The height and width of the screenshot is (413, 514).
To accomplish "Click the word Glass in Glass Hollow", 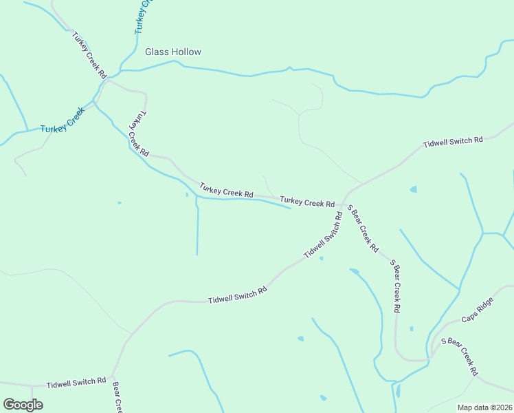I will [155, 52].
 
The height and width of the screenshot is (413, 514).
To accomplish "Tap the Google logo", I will [23, 405].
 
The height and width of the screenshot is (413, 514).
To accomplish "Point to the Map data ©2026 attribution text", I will [484, 407].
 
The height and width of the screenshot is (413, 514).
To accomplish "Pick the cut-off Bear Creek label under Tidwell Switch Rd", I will [117, 397].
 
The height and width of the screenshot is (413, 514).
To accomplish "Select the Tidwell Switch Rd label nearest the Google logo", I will [76, 382].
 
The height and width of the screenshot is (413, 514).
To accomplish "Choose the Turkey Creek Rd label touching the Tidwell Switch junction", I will [307, 202].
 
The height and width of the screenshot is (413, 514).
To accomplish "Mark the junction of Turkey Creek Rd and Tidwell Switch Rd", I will [343, 204].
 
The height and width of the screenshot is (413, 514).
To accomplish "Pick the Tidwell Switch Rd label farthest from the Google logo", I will [453, 142].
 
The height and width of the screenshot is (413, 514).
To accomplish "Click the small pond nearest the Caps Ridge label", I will [412, 328].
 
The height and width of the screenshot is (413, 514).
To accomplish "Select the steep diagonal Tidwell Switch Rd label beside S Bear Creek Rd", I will [323, 235].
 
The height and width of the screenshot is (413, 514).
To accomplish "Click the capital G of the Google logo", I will [10, 404].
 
